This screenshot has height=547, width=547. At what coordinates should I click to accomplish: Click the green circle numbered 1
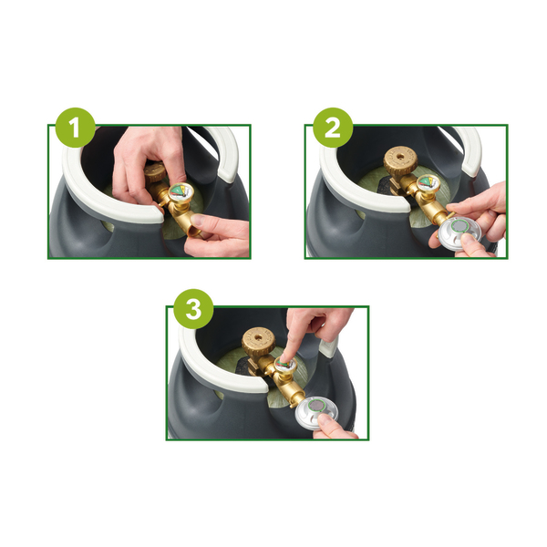click(x=75, y=128)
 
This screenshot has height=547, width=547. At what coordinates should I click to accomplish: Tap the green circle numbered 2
click(x=333, y=128)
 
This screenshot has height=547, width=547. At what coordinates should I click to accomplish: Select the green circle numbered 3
click(x=193, y=309)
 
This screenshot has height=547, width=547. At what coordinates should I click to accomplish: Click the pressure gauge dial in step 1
click(x=181, y=193)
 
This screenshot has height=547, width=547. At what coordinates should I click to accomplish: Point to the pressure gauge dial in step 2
click(x=428, y=183)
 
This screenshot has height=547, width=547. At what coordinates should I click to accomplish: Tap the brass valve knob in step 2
click(x=400, y=160)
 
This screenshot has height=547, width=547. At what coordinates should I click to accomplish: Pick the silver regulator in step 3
click(x=316, y=412)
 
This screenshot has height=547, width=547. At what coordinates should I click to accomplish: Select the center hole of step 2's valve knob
click(x=400, y=157)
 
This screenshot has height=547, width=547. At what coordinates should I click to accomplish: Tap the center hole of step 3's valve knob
click(x=259, y=337)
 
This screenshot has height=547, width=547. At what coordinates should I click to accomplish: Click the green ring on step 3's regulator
click(x=316, y=406)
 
